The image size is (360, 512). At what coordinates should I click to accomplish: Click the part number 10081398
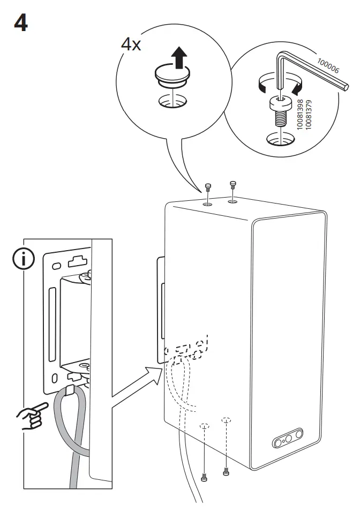[301, 112]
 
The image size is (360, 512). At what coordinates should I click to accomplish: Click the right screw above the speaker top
[232, 185]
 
